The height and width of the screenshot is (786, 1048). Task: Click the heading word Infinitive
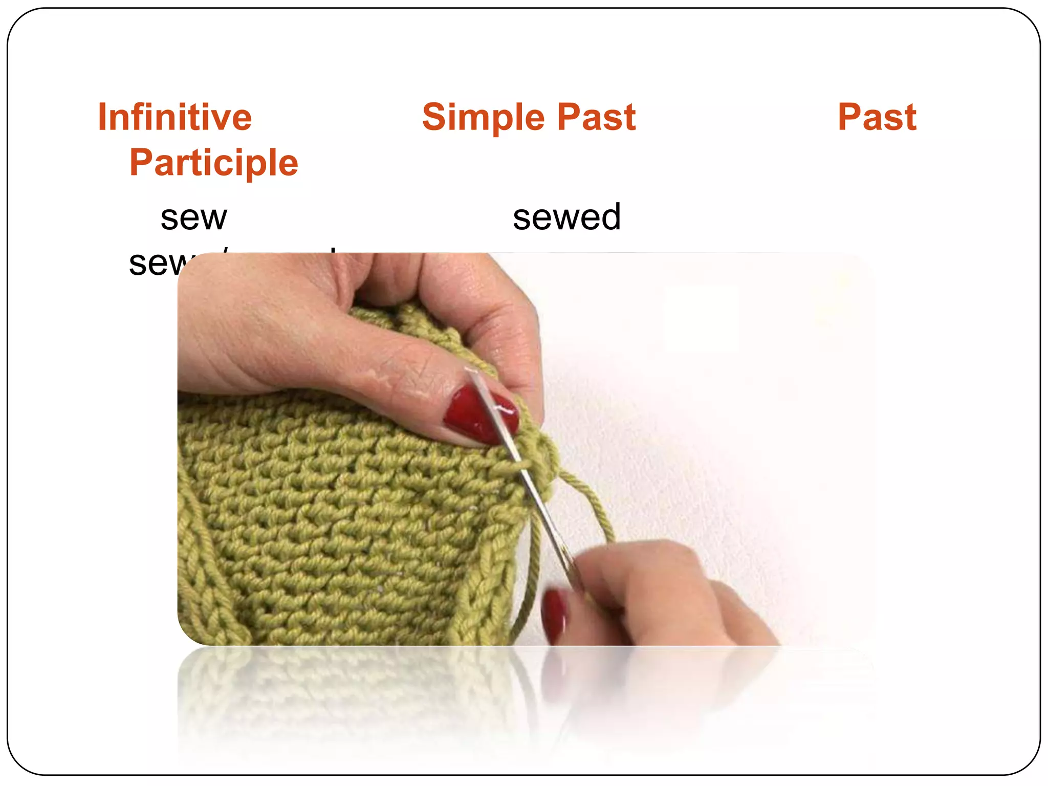(174, 117)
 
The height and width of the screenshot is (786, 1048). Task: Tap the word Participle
(213, 163)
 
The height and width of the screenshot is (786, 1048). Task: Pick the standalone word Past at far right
(877, 117)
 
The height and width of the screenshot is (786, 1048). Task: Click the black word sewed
(566, 217)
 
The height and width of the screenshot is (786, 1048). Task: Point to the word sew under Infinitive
(193, 217)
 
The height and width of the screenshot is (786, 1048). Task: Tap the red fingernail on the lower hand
(555, 614)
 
